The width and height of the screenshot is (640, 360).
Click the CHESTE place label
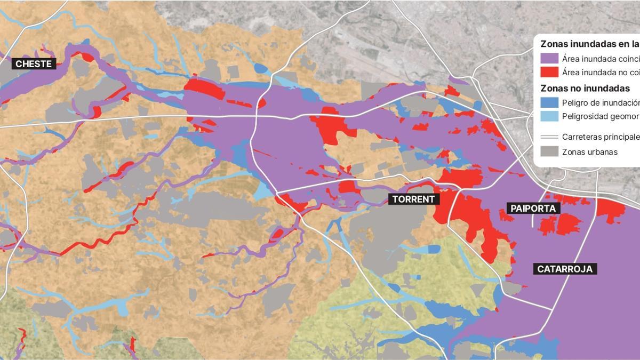coord(34,64)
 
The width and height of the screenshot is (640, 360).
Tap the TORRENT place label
coord(414,199)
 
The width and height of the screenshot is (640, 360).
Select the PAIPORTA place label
coord(533,209)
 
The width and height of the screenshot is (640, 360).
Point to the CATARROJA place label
coord(565,269)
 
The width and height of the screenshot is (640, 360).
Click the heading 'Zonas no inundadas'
coord(585,88)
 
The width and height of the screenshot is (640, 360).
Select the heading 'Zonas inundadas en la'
coord(589,44)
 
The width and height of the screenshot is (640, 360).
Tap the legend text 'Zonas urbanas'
coord(589,152)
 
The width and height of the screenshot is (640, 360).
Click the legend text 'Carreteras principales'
coord(601,137)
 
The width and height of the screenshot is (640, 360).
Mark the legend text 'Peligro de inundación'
coord(601,102)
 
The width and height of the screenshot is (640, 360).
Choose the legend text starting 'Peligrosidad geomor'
coord(601,116)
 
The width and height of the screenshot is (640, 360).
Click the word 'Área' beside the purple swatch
coord(571,59)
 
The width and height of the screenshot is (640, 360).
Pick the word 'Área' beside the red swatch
coord(571,72)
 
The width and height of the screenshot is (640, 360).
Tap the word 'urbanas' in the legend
coord(602,152)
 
